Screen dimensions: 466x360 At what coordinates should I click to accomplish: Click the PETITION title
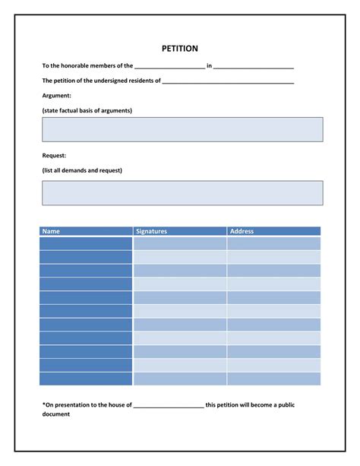tap(180, 49)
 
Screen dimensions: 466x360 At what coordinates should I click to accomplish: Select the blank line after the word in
tap(254, 68)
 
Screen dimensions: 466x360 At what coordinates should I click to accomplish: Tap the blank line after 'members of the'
tap(169, 68)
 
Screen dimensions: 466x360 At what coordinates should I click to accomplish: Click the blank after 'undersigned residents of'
tap(228, 81)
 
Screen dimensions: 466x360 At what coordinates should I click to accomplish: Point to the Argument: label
tap(57, 95)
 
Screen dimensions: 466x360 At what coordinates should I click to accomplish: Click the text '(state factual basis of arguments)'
tap(87, 110)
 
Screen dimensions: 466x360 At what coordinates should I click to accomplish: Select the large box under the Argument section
tap(182, 129)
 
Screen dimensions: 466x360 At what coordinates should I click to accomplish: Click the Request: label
tap(55, 155)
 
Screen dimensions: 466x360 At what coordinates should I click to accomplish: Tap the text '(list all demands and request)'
tap(82, 170)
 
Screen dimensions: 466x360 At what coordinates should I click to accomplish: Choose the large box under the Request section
tap(182, 192)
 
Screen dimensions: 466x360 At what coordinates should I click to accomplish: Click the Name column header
tap(51, 231)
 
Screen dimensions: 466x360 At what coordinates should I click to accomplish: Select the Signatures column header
tap(151, 231)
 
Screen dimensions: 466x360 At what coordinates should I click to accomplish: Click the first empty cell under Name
tap(86, 243)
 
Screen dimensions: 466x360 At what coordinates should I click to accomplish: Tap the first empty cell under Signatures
tap(180, 243)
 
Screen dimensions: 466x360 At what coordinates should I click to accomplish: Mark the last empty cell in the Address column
tap(273, 379)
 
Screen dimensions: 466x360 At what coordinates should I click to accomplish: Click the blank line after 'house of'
tap(169, 406)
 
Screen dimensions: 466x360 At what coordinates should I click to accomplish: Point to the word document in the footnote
tap(56, 414)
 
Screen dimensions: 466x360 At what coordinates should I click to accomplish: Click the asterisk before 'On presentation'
tap(44, 404)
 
